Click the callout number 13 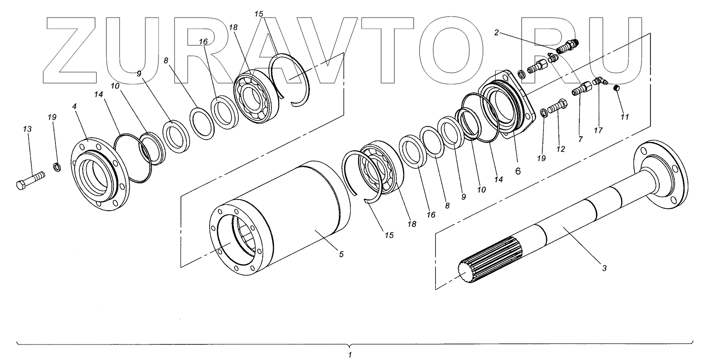[27, 129]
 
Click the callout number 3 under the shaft [604, 267]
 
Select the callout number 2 [497, 33]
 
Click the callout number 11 [625, 117]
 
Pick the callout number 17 [598, 130]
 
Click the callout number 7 [579, 139]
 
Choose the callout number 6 [518, 171]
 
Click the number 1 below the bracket [350, 355]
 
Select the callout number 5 [341, 254]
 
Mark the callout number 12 [561, 149]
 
